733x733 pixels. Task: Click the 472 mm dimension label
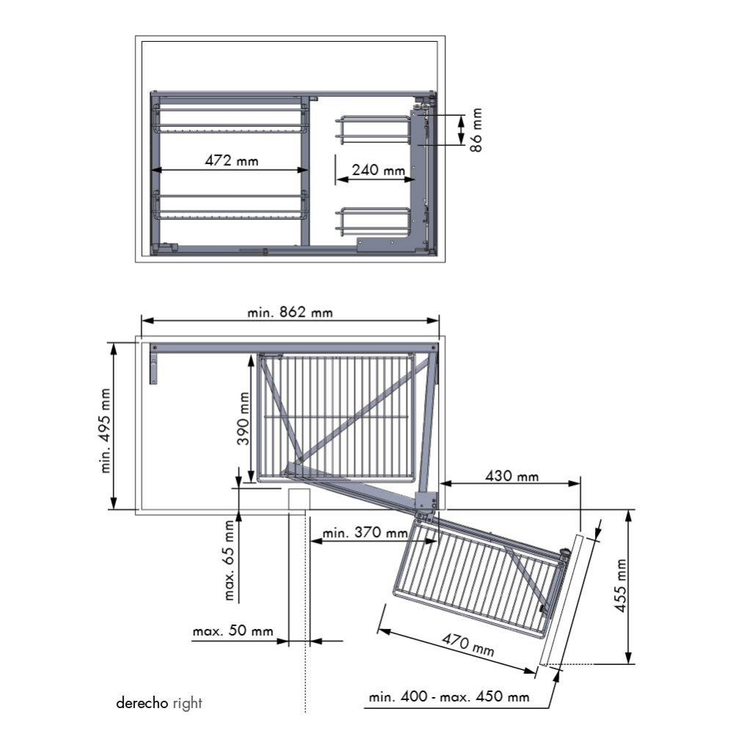[x=232, y=161]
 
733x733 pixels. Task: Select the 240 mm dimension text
[x=378, y=170]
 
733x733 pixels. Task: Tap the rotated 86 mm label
[x=476, y=130]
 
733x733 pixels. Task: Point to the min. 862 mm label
[x=290, y=312]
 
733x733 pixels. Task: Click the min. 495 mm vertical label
[x=106, y=430]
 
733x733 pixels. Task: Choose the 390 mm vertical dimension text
[x=244, y=419]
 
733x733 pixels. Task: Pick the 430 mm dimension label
[x=511, y=476]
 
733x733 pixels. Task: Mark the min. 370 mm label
[x=365, y=533]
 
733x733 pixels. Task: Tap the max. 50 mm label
[x=233, y=631]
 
